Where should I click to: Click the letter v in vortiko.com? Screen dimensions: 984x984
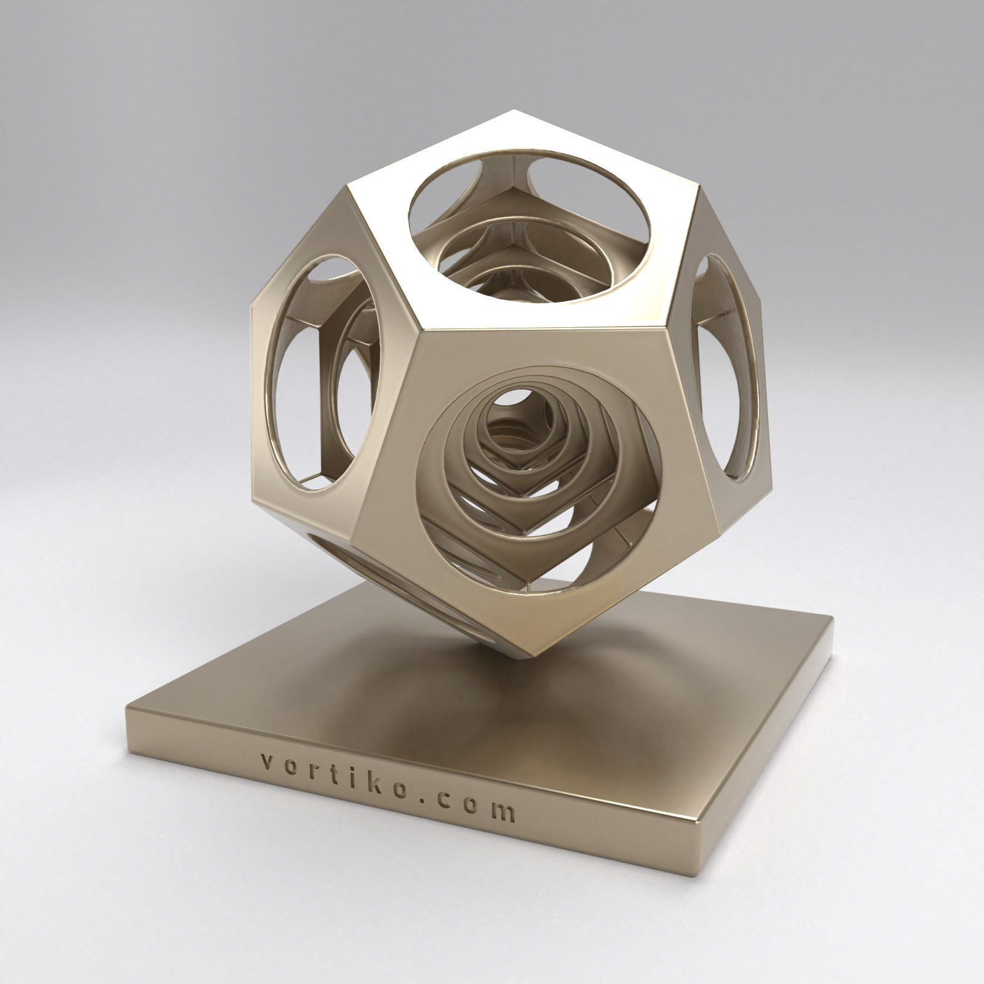(265, 763)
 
